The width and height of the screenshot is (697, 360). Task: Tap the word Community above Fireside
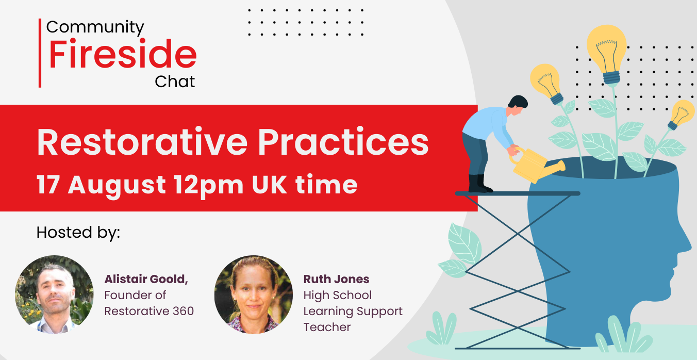point(95,26)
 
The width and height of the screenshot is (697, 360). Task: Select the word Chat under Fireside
point(175,81)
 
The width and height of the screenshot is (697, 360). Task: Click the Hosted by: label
point(78,233)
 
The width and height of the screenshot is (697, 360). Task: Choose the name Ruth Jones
point(336,280)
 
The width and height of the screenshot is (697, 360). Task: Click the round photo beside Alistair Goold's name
point(55,294)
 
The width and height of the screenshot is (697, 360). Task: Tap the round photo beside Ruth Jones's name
point(254,294)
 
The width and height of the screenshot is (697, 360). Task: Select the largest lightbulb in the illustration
point(607,52)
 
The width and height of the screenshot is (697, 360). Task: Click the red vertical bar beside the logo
point(40,53)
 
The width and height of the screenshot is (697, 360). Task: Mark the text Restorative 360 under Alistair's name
point(149,311)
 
